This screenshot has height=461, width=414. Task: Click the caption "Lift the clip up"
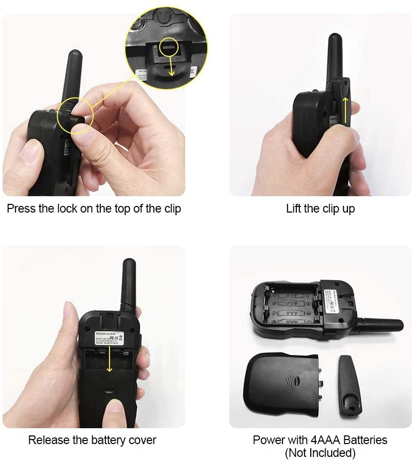pyautogui.click(x=320, y=209)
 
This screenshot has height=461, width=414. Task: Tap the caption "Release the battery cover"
pyautogui.click(x=92, y=440)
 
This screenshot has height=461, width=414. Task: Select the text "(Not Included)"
pyautogui.click(x=320, y=453)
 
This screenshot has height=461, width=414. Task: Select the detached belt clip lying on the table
pyautogui.click(x=350, y=385)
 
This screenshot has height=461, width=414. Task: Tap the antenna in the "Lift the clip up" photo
pyautogui.click(x=335, y=56)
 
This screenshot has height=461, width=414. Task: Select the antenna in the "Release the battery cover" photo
pyautogui.click(x=128, y=284)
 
